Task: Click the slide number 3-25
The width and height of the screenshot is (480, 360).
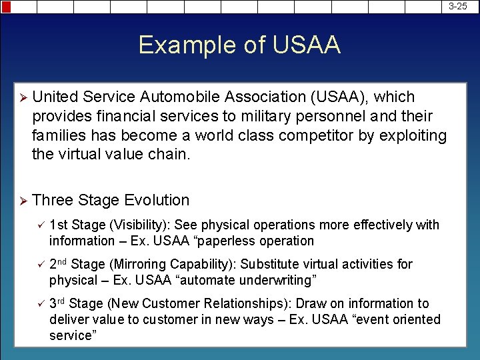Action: click(457, 6)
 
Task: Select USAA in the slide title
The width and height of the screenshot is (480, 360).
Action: click(306, 45)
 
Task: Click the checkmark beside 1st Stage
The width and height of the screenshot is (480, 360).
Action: click(39, 225)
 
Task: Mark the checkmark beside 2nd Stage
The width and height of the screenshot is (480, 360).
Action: click(39, 265)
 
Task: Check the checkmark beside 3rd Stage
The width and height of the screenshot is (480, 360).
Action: click(39, 304)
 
